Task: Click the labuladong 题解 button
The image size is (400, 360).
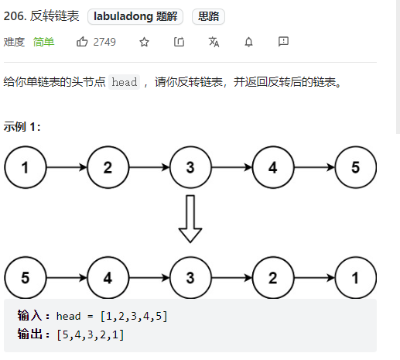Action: [x=135, y=17]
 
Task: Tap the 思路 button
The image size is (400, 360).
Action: [x=208, y=17]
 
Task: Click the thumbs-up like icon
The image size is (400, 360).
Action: [x=82, y=42]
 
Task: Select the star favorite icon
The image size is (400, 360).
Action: [x=144, y=42]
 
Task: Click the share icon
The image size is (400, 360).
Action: [x=179, y=42]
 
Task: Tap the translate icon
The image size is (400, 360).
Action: [x=214, y=42]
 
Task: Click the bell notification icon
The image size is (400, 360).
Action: [x=248, y=42]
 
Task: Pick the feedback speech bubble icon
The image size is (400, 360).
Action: [x=283, y=42]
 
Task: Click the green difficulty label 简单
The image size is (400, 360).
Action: [x=43, y=42]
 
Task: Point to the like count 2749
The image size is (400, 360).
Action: [x=104, y=42]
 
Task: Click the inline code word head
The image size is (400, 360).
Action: [x=124, y=82]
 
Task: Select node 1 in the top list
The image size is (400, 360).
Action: [x=26, y=167]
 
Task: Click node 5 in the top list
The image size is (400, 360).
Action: [x=355, y=167]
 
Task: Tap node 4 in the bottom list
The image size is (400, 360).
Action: [x=108, y=278]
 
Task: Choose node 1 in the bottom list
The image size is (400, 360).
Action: [x=355, y=278]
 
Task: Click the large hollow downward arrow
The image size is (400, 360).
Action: [x=190, y=219]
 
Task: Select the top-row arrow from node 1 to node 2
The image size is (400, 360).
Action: [x=67, y=167]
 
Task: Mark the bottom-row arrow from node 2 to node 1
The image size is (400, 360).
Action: [x=314, y=278]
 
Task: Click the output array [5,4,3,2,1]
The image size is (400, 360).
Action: [x=91, y=334]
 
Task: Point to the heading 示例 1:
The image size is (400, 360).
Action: [x=22, y=127]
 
